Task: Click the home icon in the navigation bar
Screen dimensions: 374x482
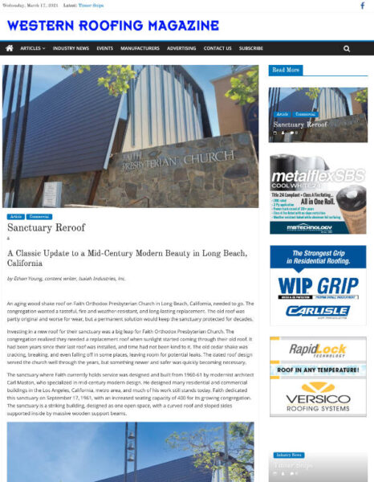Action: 10,48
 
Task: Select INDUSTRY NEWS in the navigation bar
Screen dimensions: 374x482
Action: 71,48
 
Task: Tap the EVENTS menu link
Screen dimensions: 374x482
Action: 104,48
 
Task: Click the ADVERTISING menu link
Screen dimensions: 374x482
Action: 181,48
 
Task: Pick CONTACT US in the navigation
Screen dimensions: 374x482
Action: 217,48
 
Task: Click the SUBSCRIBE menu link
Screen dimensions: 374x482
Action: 251,48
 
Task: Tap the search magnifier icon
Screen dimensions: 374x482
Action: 347,48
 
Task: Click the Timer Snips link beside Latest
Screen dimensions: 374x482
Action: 91,5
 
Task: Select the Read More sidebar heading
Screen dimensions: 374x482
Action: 286,70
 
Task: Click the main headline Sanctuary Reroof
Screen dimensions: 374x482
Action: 46,227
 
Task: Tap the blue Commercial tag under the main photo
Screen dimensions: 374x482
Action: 39,216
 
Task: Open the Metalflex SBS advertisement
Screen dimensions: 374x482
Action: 318,194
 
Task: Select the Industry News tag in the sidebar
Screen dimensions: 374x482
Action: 288,455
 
